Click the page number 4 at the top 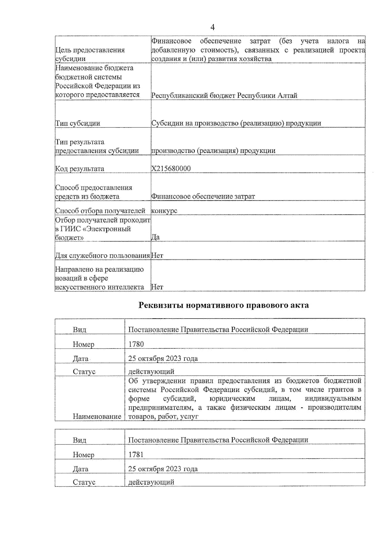213,27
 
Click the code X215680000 171,169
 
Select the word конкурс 164,211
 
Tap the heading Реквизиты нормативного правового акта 223,305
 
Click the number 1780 136,344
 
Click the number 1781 136,455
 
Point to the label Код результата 79,169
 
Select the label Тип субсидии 78,123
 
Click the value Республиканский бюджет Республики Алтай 224,95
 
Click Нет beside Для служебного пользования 157,256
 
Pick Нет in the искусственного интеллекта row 157,287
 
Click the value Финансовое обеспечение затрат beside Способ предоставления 203,197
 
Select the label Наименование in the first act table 97,416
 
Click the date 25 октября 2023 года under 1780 163,358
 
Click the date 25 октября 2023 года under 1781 163,469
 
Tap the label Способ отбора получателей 100,211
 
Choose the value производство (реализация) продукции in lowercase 213,151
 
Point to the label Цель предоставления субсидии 90,54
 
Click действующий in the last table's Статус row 151,482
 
